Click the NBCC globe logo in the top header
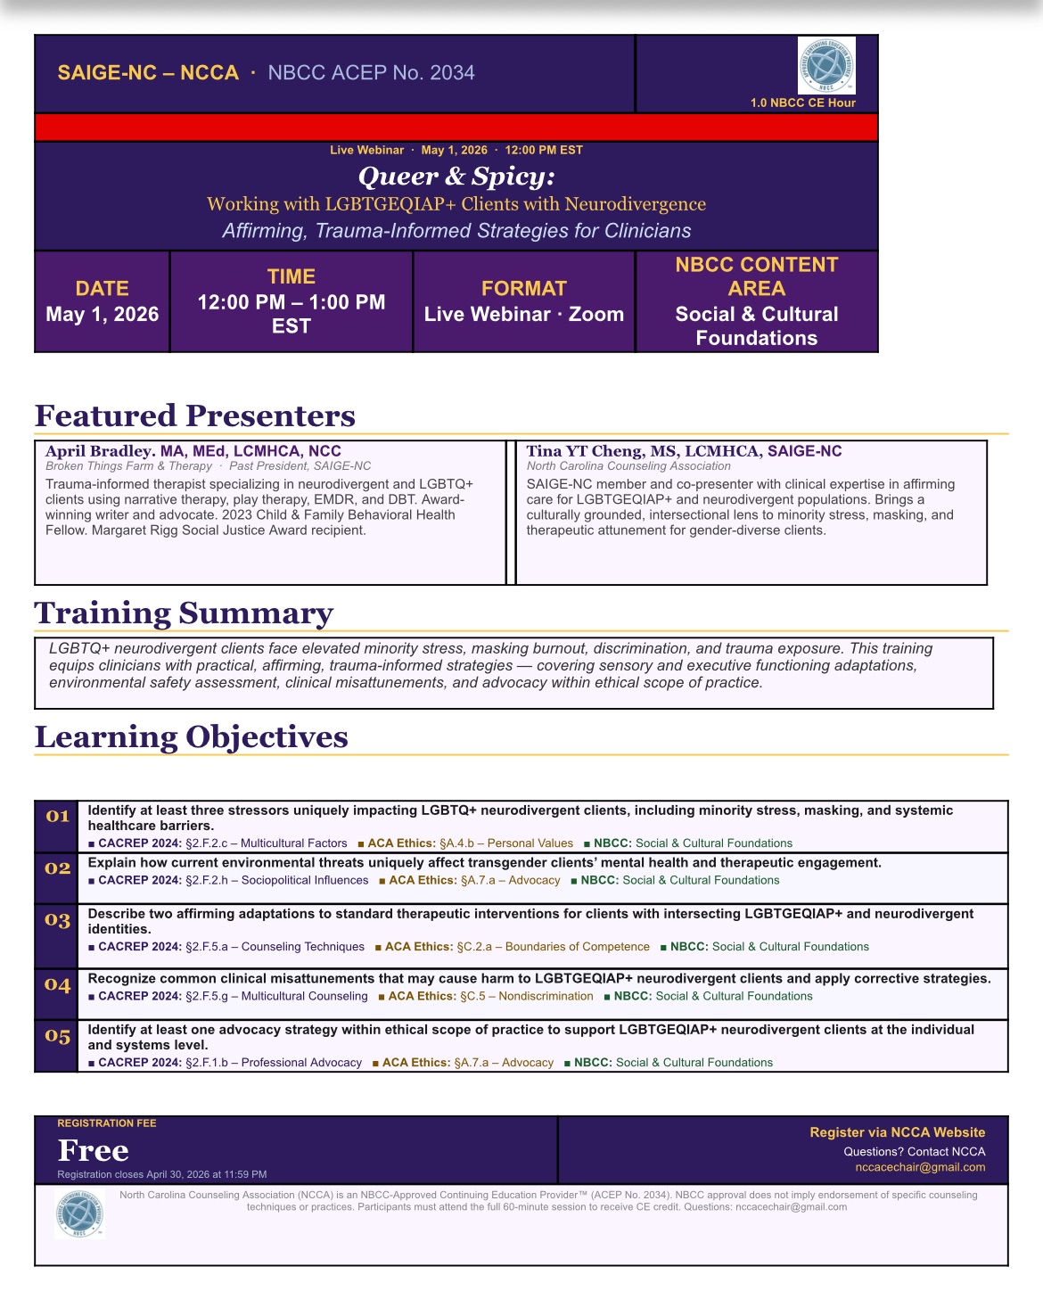click(x=826, y=65)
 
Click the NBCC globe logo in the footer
click(x=79, y=1213)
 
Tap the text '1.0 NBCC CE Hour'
click(x=802, y=103)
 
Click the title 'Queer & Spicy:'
click(x=456, y=177)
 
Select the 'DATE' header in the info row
click(x=102, y=288)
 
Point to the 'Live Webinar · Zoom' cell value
click(x=524, y=315)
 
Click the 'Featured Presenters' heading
click(x=194, y=415)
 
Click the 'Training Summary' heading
click(x=184, y=613)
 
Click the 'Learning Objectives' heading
click(x=191, y=736)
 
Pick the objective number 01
click(x=57, y=816)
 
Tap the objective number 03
click(x=57, y=919)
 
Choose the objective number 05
click(x=57, y=1036)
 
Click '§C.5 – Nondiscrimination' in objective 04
click(x=526, y=996)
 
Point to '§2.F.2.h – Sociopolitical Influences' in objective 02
click(x=276, y=880)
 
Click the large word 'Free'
click(x=93, y=1150)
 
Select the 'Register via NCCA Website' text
click(x=897, y=1132)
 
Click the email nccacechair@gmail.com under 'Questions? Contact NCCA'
click(x=920, y=1167)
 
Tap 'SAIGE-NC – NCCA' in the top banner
click(x=148, y=73)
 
